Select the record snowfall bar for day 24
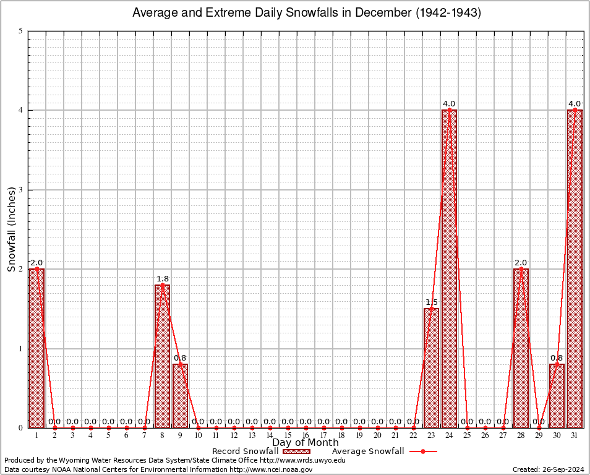[x=449, y=269]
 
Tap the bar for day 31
[x=575, y=269]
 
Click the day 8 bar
[x=162, y=356]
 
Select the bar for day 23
[x=431, y=368]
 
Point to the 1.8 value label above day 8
[x=162, y=278]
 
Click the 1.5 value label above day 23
[x=431, y=302]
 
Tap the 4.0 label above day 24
[x=449, y=103]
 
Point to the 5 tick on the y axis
[x=21, y=31]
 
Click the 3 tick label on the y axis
[x=21, y=190]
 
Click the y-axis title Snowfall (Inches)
[x=11, y=229]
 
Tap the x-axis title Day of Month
[x=305, y=443]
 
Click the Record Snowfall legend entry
[x=254, y=451]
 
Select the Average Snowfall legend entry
[x=383, y=451]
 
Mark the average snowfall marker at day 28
[x=521, y=269]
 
